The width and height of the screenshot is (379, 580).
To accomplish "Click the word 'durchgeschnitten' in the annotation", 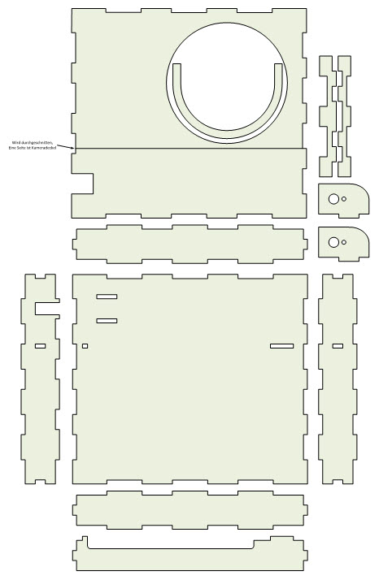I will [x=41, y=141].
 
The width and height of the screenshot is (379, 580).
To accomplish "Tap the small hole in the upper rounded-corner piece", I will [x=344, y=198].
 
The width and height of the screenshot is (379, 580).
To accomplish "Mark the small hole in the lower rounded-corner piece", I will [x=344, y=241].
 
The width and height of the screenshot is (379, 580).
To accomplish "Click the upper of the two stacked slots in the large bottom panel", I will [x=107, y=296].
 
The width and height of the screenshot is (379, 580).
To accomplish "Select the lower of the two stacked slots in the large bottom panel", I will [x=107, y=321].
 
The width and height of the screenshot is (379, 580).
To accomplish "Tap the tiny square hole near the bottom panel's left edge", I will [x=85, y=347].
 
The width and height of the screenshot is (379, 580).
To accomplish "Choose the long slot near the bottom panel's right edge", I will [x=281, y=347].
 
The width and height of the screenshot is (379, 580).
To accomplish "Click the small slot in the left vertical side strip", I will [x=40, y=347].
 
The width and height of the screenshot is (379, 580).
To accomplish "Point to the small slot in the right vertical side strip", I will [x=338, y=347].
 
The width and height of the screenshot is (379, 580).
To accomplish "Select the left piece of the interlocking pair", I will [x=327, y=114].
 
